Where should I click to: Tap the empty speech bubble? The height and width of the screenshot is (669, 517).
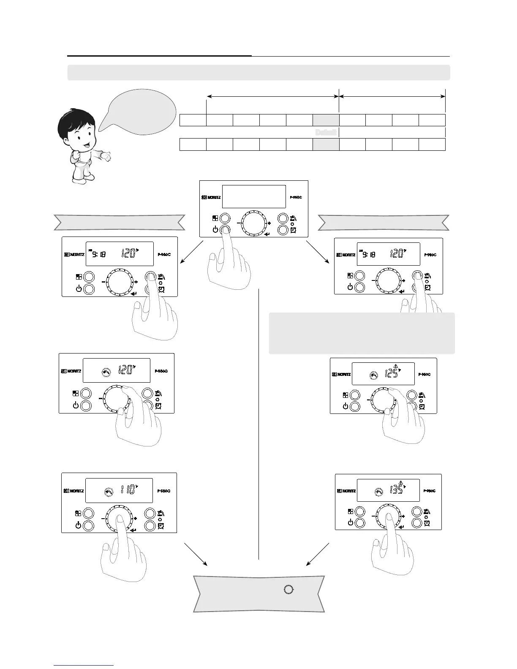[x=139, y=109]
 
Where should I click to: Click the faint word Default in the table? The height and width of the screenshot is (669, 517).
[x=326, y=132]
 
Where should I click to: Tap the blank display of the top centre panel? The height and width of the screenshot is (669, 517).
[x=253, y=196]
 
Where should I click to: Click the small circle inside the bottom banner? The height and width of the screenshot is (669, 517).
[x=288, y=590]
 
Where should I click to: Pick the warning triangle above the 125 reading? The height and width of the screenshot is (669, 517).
[x=396, y=366]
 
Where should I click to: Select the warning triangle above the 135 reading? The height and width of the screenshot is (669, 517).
[x=401, y=483]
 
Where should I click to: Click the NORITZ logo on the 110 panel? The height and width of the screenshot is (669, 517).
[x=73, y=491]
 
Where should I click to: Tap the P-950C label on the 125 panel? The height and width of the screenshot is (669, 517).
[x=424, y=374]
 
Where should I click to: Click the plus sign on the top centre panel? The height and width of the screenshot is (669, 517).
[x=269, y=223]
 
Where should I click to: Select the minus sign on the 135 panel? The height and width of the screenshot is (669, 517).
[x=373, y=516]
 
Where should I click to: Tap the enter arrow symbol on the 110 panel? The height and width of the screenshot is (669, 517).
[x=133, y=531]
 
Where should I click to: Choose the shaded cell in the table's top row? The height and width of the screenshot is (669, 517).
[x=326, y=120]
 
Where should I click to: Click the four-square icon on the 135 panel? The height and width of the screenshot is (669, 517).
[x=351, y=511]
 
